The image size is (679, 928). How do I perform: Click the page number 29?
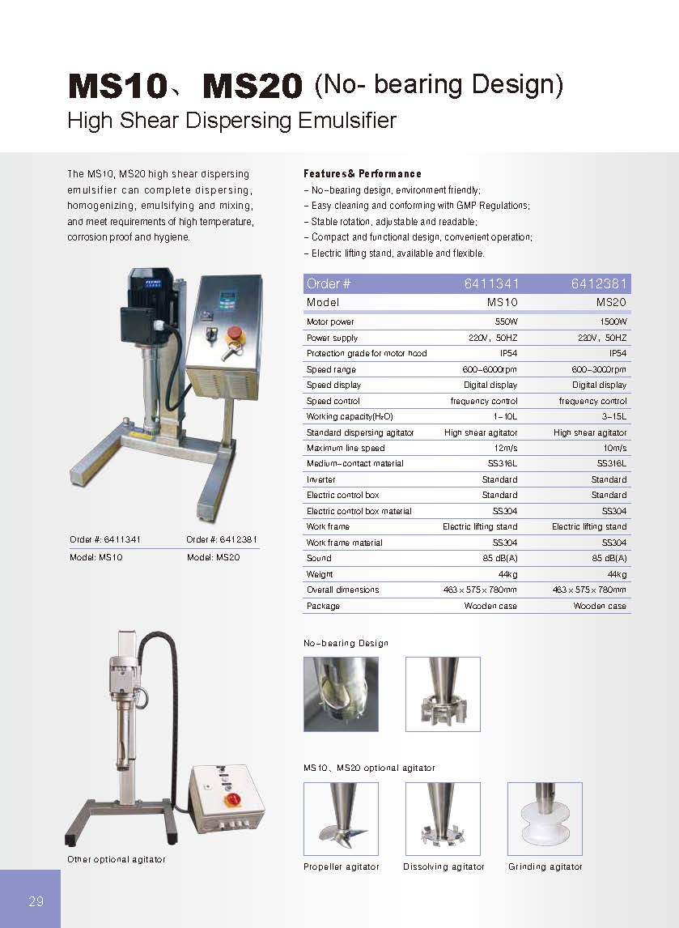point(36,901)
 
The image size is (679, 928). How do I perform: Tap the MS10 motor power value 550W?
point(506,321)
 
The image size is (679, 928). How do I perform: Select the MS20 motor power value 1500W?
point(613,321)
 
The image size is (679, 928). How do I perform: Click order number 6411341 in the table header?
point(491,283)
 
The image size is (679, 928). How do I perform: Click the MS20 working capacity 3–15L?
point(614,416)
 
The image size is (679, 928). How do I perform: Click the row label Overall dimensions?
point(342,590)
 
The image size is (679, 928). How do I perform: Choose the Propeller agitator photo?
point(341,819)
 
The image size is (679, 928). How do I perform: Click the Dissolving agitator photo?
point(443,819)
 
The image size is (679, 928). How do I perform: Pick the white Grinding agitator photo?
point(545,819)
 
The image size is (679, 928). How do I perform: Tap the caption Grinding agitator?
point(545,867)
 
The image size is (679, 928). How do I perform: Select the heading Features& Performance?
point(362,174)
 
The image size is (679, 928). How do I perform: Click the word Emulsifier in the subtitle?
point(347,121)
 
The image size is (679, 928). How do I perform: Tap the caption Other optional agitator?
point(116,859)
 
